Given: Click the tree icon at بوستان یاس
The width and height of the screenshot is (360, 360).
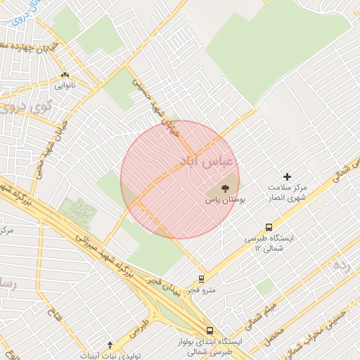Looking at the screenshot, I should point(225,188).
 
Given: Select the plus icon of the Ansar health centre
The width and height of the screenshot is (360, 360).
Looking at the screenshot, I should point(286,176).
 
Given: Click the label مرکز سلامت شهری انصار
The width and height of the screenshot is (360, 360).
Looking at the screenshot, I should point(288,193).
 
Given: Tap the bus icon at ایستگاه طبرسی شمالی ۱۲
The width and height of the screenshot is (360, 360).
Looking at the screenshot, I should point(269,227).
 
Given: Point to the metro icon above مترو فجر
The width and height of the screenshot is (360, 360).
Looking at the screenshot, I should point(202,278).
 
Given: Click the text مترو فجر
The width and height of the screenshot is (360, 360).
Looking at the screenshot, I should point(202,289).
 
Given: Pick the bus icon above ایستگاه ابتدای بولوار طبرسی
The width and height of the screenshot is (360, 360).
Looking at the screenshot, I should point(210,330).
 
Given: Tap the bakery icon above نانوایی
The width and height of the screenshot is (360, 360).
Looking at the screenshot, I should point(65,75).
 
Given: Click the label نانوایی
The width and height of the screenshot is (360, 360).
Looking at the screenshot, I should point(65,85).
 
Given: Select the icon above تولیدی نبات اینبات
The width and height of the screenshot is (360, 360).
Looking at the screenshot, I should point(109,345).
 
